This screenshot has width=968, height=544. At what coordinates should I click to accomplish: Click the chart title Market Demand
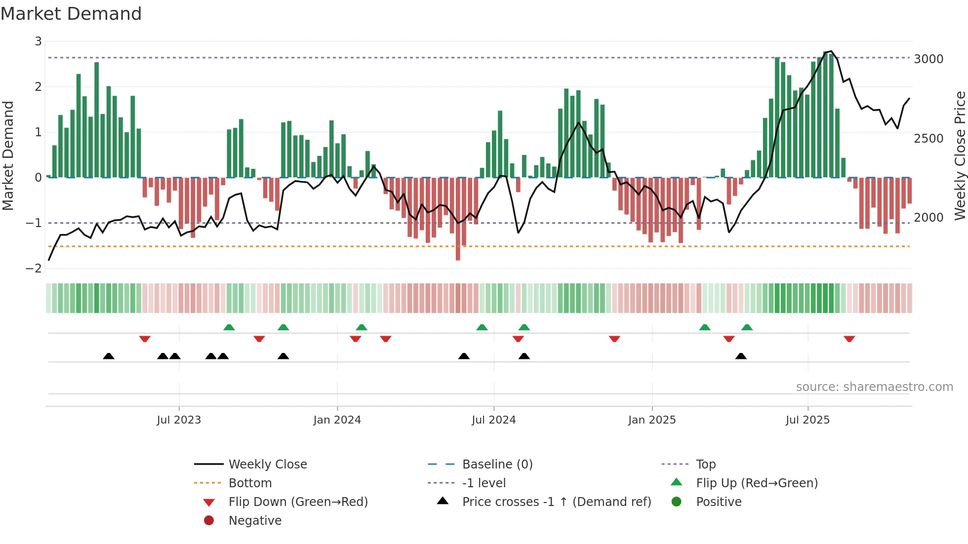pos(71,14)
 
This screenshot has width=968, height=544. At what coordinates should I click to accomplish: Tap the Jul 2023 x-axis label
pos(179,420)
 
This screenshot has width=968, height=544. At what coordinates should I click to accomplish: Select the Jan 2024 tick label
pos(337,420)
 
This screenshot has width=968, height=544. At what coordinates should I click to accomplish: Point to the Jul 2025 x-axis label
pos(807,420)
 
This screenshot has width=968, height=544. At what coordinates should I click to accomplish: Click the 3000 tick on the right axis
pos(928,59)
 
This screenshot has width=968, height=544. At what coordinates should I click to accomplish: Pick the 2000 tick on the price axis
pos(928,218)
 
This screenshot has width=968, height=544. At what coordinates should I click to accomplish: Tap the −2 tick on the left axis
pos(34,269)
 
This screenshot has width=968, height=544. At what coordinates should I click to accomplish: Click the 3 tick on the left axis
pos(38,41)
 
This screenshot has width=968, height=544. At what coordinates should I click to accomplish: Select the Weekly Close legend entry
pos(267,465)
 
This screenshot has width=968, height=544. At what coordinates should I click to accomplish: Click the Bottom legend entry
pos(250,483)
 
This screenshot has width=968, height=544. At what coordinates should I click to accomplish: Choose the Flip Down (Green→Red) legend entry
pos(298,502)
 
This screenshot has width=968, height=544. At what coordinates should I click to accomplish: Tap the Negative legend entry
pos(255,521)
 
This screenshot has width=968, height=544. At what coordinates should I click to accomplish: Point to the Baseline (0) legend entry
pos(497,465)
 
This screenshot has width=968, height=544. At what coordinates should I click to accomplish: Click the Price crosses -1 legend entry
pos(556,502)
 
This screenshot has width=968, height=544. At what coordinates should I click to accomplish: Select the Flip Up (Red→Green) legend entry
pos(757,483)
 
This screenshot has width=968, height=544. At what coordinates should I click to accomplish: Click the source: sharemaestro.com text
pos(874,387)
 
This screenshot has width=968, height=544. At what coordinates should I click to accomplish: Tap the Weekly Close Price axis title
pos(960,155)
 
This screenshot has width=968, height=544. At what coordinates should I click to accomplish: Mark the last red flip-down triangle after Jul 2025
pos(849,339)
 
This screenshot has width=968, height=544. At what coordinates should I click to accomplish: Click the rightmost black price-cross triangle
pos(741,356)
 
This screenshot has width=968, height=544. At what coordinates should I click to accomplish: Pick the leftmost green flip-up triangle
pos(229,327)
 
